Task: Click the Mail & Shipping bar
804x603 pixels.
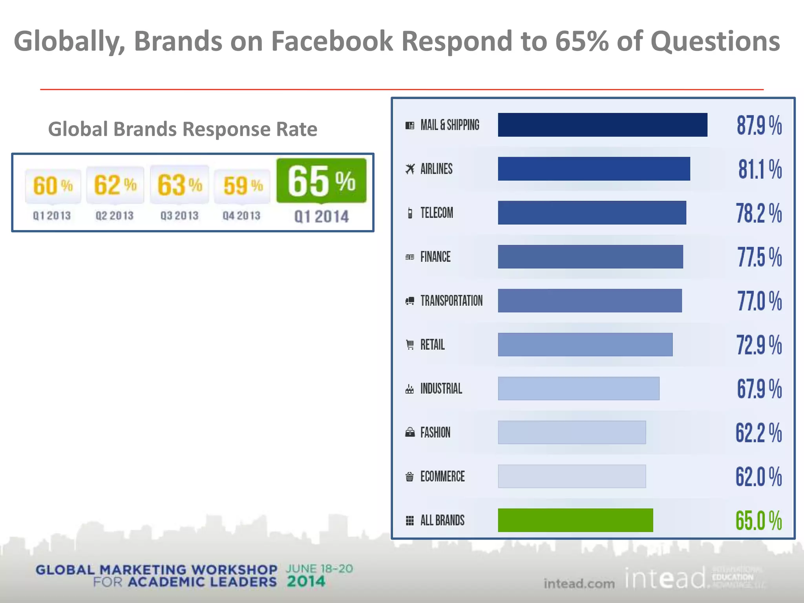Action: [x=602, y=125]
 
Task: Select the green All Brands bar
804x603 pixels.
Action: [x=575, y=520]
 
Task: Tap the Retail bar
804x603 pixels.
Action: [x=585, y=345]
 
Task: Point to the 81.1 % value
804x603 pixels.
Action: [x=760, y=169]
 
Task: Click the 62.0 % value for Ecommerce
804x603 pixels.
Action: [x=758, y=477]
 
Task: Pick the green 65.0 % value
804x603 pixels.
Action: [x=758, y=521]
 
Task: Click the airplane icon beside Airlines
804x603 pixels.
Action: [x=410, y=169]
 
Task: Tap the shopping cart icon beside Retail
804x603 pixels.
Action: [x=410, y=345]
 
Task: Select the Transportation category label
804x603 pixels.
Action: [x=451, y=301]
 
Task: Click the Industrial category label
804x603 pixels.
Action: [x=441, y=389]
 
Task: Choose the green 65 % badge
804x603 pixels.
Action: [x=322, y=181]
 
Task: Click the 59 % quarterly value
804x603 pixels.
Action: [x=243, y=185]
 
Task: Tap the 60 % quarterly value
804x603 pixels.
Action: [x=53, y=185]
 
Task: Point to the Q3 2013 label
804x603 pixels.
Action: [x=179, y=216]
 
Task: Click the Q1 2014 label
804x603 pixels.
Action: [x=322, y=216]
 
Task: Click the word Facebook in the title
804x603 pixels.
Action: [x=332, y=41]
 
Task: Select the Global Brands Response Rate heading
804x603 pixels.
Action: [x=183, y=129]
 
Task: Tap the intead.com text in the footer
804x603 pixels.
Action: [x=579, y=583]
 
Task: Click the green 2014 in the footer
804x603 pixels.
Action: [x=306, y=581]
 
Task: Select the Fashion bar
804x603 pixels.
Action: [x=572, y=432]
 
